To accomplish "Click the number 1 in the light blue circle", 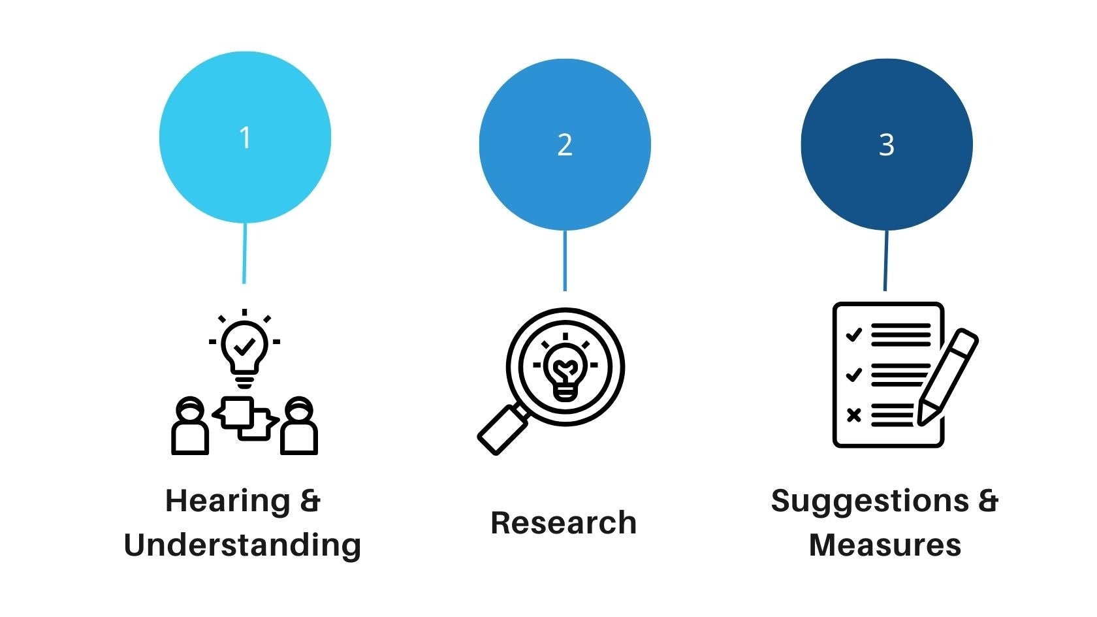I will coord(245,138).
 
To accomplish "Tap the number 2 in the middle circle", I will coord(565,145).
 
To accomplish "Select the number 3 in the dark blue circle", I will coord(886,145).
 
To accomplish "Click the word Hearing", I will coord(227,502).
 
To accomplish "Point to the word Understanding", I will coord(242,545).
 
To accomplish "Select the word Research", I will coord(564,523).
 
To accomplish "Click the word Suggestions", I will coord(870,501).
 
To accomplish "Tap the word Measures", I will coord(885,545).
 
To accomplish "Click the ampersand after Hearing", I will coord(310,501).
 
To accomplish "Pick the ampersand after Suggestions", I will coord(988,501).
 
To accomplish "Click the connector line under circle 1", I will coord(245,253).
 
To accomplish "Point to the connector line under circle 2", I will coord(565,261).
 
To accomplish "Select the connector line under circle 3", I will coord(885,261).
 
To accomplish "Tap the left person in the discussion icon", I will coord(190,428).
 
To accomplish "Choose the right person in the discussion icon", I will coord(299,428).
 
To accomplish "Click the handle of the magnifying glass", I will coord(503,430).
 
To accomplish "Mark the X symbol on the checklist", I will coord(853,415).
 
